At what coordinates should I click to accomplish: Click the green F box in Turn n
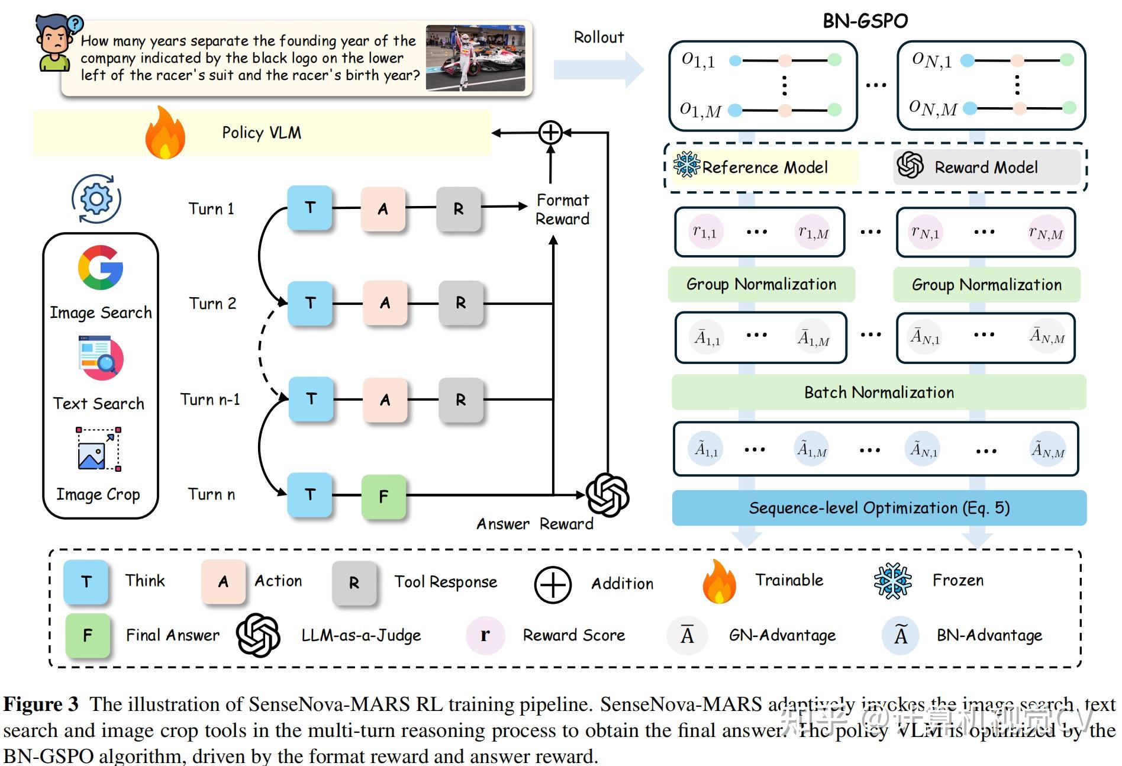[383, 496]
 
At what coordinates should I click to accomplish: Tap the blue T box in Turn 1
[309, 208]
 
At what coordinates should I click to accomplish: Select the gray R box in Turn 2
[460, 303]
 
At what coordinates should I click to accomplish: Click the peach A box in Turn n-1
[385, 400]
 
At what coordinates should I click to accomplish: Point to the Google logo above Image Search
[101, 268]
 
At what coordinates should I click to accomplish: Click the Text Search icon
[100, 358]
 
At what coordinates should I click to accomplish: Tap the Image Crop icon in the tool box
[98, 449]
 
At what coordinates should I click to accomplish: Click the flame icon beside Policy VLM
[165, 133]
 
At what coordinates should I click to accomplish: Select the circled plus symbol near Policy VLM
[550, 133]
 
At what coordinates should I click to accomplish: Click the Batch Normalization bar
[879, 392]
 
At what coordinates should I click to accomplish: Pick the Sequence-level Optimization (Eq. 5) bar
[879, 508]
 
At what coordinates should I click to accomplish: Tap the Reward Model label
[986, 168]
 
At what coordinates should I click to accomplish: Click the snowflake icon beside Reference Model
[686, 165]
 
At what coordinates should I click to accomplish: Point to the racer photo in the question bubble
[475, 58]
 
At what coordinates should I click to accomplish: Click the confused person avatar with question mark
[56, 43]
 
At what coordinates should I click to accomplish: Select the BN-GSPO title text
[865, 21]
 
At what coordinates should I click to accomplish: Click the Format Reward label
[562, 210]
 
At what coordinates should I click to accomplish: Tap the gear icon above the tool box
[96, 199]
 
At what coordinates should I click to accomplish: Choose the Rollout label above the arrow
[599, 37]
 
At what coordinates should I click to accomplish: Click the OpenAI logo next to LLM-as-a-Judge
[258, 635]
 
